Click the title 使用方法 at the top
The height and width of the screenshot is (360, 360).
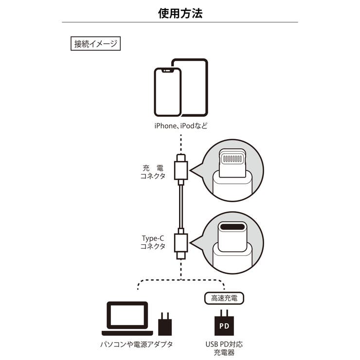(x=180, y=13)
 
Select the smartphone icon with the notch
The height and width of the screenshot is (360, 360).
(x=167, y=92)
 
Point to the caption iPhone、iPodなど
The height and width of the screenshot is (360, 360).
(x=180, y=126)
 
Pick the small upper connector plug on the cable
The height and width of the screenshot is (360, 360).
(x=180, y=168)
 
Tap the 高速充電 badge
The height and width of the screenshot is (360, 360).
(x=221, y=296)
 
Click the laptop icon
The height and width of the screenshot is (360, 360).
(x=127, y=320)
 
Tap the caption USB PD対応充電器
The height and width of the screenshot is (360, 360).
(x=224, y=348)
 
